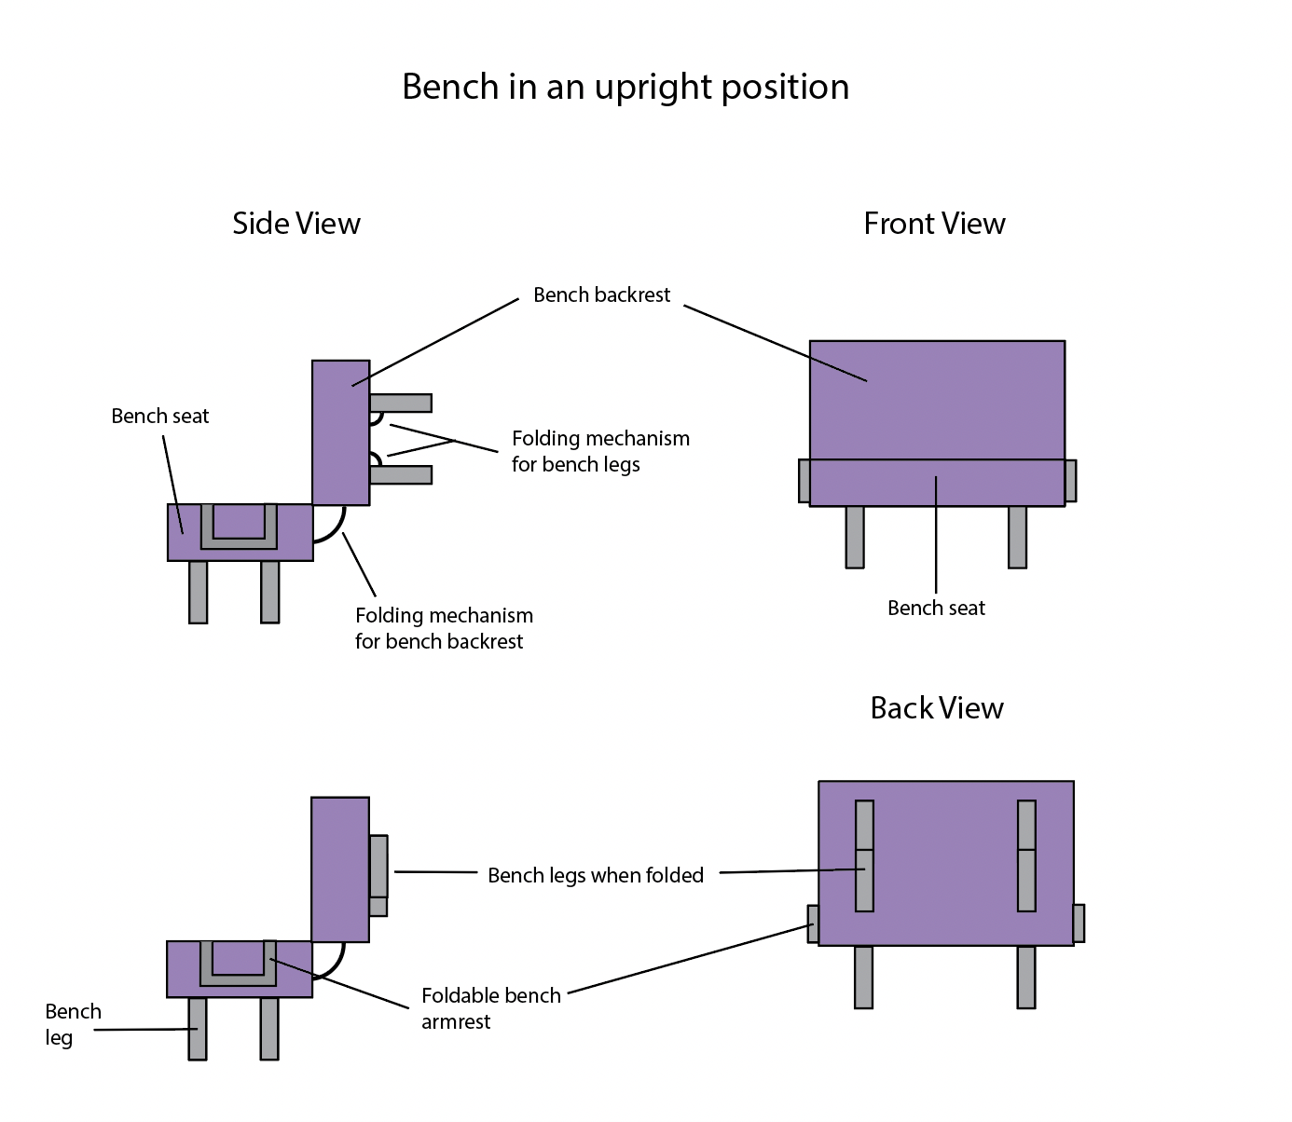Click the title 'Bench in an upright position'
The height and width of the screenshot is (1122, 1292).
(x=625, y=87)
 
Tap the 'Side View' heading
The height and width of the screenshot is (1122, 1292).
(x=296, y=224)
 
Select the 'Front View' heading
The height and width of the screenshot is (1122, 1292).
(x=934, y=224)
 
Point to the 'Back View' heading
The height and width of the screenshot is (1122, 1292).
(x=936, y=708)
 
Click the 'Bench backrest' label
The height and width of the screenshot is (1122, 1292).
(x=601, y=295)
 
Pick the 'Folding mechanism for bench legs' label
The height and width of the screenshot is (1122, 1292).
(x=600, y=451)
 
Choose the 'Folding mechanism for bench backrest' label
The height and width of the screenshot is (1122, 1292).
(x=444, y=628)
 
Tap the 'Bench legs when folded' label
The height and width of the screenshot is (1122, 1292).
(x=595, y=875)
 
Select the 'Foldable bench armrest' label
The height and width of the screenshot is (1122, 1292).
(x=490, y=1008)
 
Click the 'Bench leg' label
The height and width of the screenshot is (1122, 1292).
(x=72, y=1023)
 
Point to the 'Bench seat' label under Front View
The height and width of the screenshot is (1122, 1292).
(x=936, y=609)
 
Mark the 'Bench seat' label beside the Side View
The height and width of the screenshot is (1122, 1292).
(x=159, y=417)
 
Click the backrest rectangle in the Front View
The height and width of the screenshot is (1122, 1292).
(x=937, y=400)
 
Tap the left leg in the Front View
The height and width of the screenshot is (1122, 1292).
(x=855, y=537)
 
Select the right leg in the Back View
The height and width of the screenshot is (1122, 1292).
(x=1026, y=977)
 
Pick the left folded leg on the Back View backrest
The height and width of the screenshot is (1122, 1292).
(x=864, y=855)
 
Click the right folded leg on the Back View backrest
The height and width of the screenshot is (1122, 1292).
(x=1026, y=855)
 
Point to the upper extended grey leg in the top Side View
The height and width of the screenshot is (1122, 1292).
(x=401, y=403)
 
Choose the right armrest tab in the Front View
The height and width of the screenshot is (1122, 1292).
(x=1070, y=481)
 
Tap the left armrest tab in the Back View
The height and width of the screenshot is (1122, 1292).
(x=813, y=924)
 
